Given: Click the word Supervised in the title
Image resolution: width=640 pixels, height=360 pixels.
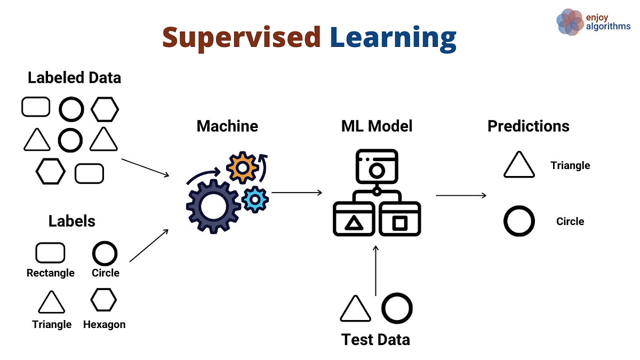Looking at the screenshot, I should click(241, 37).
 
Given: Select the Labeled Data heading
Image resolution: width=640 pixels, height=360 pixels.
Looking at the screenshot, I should click(74, 78).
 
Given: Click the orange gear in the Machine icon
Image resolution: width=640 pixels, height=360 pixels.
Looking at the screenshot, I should click(243, 168).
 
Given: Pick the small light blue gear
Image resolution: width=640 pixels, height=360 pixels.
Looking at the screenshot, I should click(255, 199).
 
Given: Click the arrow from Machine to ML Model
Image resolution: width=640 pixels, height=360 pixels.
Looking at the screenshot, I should click(297, 193).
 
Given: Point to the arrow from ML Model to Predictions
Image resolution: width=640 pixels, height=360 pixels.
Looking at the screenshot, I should click(461, 196).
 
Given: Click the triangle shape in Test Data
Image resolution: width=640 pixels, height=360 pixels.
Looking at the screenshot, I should click(355, 309).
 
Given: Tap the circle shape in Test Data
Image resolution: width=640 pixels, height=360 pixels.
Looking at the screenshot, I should click(397, 308).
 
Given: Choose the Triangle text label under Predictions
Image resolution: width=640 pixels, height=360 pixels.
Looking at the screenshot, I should click(570, 165).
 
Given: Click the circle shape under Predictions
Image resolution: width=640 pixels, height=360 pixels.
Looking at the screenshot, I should click(519, 221).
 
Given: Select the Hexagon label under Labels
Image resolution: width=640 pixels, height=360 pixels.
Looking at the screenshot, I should click(104, 324).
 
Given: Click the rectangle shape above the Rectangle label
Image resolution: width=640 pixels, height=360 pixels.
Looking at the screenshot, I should click(50, 253).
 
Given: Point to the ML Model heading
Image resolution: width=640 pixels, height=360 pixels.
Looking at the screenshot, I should click(377, 126).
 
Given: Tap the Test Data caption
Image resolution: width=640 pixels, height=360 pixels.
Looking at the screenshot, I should click(376, 339).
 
